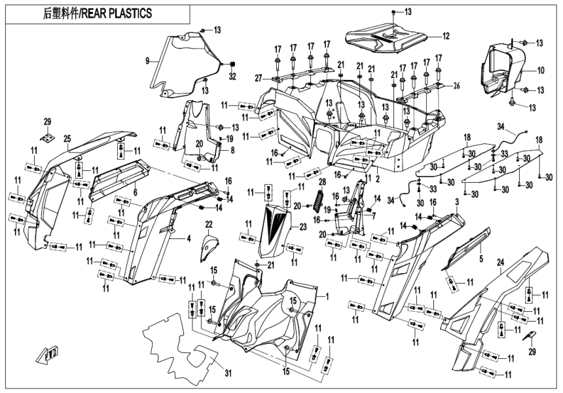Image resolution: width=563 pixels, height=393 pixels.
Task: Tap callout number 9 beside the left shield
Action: click(x=149, y=61)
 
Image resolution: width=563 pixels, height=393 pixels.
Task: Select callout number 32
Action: click(x=230, y=77)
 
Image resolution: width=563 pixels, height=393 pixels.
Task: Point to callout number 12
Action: click(x=445, y=35)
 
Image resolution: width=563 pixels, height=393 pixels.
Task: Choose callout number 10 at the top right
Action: click(x=541, y=70)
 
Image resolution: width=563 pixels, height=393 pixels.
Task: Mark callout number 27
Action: click(x=259, y=78)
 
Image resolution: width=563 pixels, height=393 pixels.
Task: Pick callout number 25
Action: click(x=67, y=139)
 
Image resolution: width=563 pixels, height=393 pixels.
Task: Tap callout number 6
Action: click(x=135, y=193)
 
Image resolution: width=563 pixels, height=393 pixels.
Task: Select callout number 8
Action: click(x=231, y=149)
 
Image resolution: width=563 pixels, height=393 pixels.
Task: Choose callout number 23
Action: click(x=302, y=227)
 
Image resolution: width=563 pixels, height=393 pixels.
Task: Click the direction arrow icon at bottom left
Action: click(x=49, y=356)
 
